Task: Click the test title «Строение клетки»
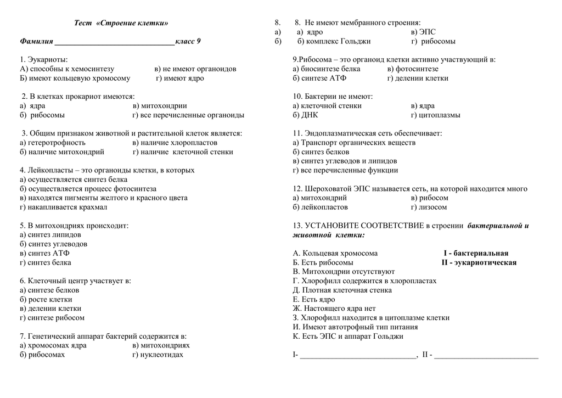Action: click(x=121, y=23)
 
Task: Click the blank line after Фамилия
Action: click(x=114, y=42)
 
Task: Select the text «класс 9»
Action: click(x=188, y=41)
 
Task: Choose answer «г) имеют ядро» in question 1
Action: click(x=179, y=78)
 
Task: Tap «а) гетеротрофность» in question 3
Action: click(x=52, y=143)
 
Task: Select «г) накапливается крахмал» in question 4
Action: click(x=63, y=207)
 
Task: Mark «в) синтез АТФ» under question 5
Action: click(x=44, y=253)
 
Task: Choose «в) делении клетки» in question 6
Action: click(x=50, y=309)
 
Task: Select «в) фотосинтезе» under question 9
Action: click(x=413, y=69)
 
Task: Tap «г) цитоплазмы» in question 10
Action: click(x=435, y=115)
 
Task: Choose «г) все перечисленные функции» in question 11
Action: click(x=345, y=170)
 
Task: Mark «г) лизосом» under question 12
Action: click(x=429, y=207)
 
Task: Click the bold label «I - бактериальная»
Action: click(x=476, y=253)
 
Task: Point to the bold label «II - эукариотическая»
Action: click(x=479, y=262)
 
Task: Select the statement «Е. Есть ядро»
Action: click(x=314, y=299)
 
